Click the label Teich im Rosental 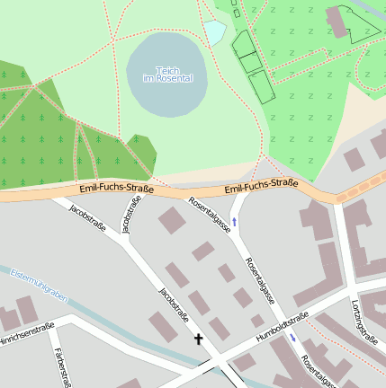tap(167, 74)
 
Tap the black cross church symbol tap(198, 339)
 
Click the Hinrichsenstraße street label tap(24, 334)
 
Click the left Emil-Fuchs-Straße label tap(116, 189)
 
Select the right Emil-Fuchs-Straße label tap(261, 186)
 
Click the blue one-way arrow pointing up tap(235, 220)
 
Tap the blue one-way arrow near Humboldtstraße tap(292, 338)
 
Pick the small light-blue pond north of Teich tap(214, 32)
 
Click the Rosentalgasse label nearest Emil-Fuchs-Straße tap(209, 216)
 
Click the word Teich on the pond tap(167, 69)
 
